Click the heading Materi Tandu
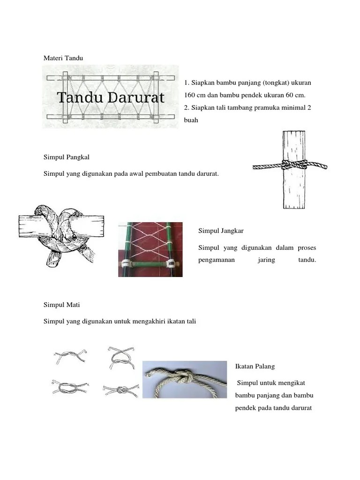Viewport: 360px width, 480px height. click(63, 58)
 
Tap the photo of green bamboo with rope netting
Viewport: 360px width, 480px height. click(150, 249)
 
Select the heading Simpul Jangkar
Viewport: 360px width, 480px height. click(220, 231)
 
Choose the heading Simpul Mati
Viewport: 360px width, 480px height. click(61, 304)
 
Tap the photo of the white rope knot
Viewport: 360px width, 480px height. click(185, 379)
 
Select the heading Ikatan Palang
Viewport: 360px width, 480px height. click(255, 366)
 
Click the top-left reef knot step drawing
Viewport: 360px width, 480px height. click(70, 358)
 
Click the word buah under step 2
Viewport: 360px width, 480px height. click(191, 120)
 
